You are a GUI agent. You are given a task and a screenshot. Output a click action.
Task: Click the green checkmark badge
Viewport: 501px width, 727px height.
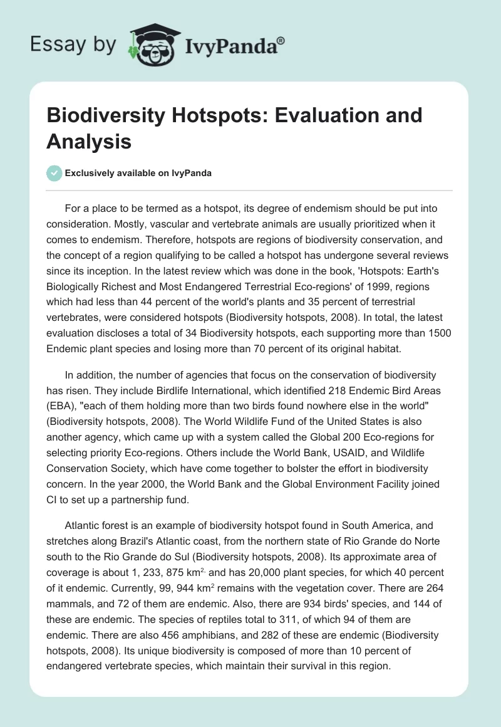pos(54,173)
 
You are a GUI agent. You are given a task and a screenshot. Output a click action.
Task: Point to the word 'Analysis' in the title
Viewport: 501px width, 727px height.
pos(89,141)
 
